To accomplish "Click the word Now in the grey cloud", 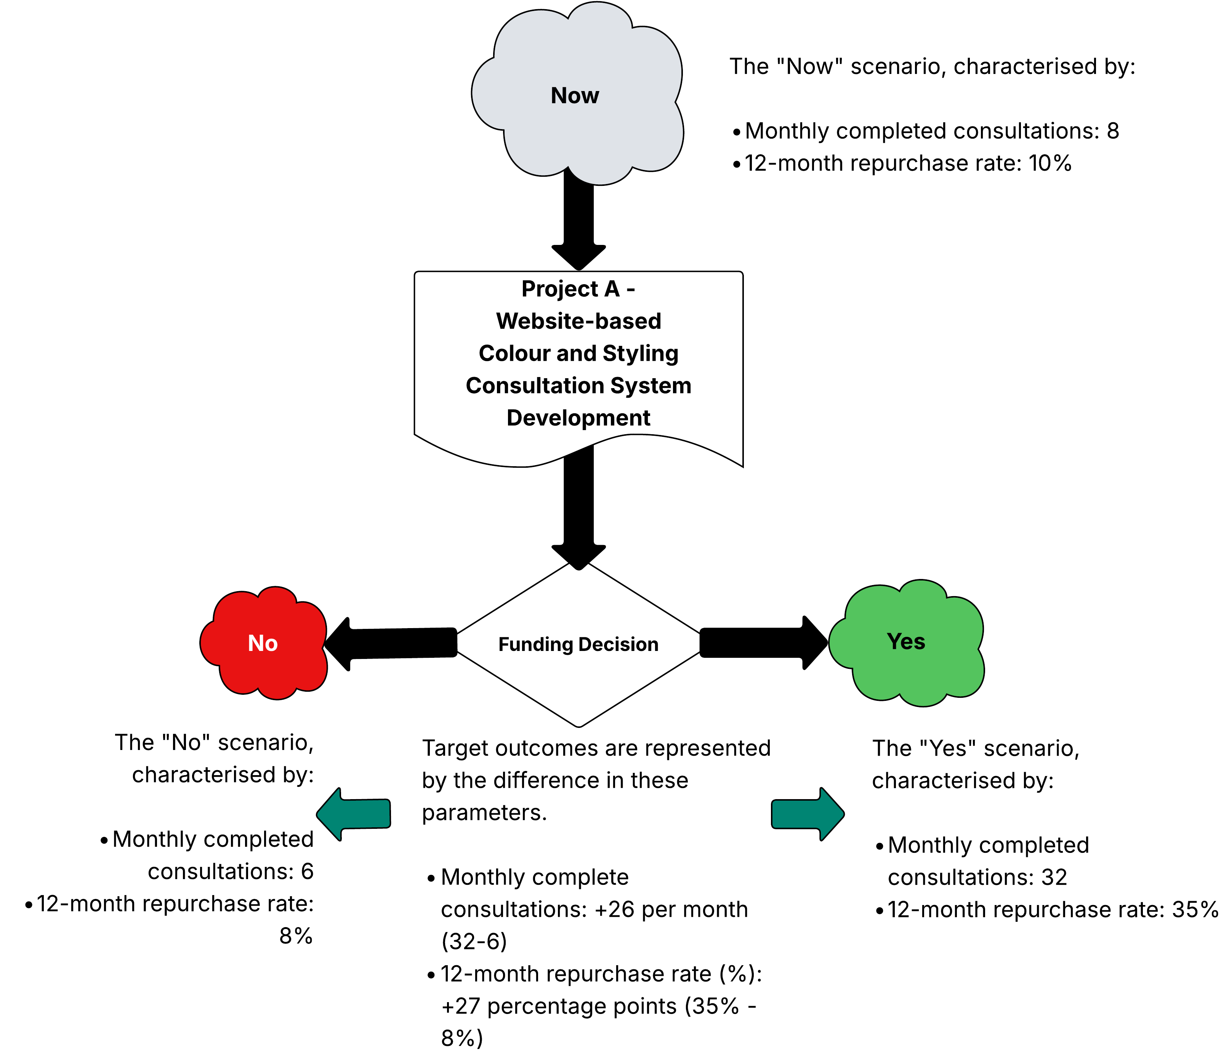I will (x=574, y=96).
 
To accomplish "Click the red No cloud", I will (x=264, y=670).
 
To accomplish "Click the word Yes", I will (x=906, y=641).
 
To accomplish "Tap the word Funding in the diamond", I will (x=535, y=644).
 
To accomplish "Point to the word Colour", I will (x=514, y=353).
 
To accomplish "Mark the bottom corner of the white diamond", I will (x=579, y=724).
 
